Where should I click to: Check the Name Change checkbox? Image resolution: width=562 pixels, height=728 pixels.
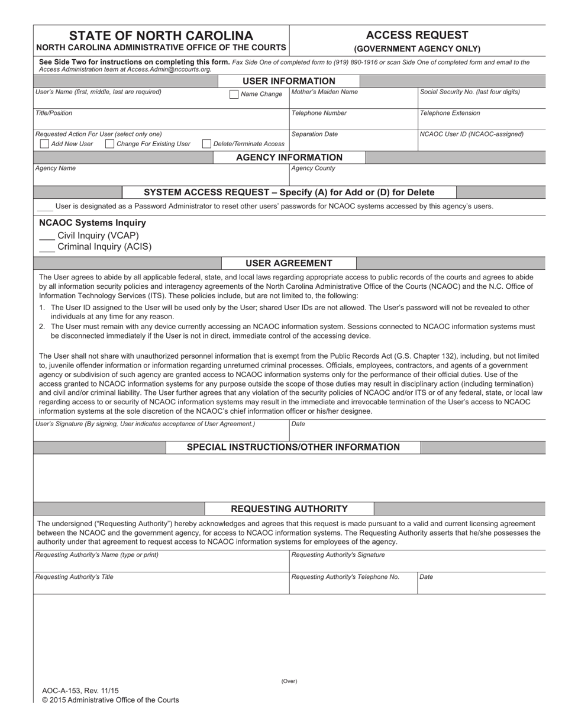[x=234, y=94]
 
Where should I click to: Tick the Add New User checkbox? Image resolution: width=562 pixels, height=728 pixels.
[x=44, y=144]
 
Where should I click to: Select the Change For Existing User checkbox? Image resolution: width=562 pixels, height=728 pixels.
[x=109, y=144]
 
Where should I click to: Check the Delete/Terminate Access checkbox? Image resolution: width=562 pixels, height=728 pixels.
[x=206, y=144]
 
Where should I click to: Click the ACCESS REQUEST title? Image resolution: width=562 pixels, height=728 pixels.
[x=417, y=35]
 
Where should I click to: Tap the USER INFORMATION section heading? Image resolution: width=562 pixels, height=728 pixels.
[x=289, y=81]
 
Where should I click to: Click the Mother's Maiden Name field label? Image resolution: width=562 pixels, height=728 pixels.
[x=324, y=92]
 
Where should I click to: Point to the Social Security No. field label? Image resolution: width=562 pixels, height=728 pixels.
[x=470, y=92]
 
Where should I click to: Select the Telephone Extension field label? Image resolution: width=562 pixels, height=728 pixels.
[x=450, y=113]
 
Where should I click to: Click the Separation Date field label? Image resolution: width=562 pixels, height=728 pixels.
[x=315, y=134]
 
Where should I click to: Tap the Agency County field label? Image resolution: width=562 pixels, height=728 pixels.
[x=314, y=168]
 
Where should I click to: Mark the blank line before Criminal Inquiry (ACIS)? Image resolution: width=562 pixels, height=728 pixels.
[x=47, y=250]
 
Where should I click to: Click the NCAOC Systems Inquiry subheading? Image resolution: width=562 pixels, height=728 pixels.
[x=92, y=223]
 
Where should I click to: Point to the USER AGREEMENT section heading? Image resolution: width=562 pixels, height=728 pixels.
[x=289, y=263]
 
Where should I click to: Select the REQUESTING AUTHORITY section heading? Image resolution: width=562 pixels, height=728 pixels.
[x=289, y=509]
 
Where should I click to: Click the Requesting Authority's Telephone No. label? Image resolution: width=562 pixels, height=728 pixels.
[x=345, y=576]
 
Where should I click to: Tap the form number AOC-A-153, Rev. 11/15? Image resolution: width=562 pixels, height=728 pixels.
[x=80, y=690]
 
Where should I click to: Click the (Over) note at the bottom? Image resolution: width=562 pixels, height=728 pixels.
[x=289, y=681]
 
